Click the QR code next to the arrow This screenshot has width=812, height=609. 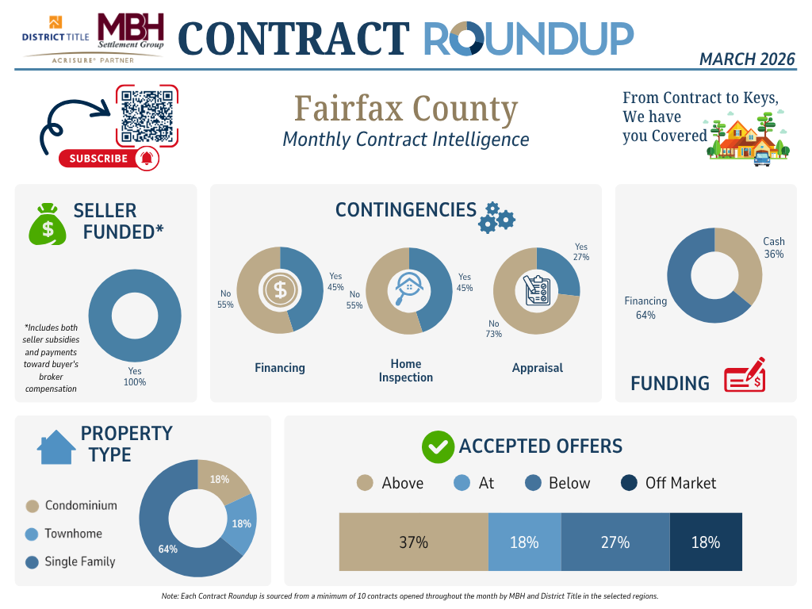point(147,116)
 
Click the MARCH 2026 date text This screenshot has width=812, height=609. point(747,59)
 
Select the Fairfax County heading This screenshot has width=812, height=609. point(406,109)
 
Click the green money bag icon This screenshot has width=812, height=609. point(48,224)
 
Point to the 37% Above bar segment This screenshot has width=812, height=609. point(413,542)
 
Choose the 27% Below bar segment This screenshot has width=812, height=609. point(615,542)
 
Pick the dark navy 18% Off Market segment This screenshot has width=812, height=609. point(706,542)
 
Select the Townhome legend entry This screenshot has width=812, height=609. point(72,534)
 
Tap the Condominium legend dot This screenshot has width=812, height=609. point(33,506)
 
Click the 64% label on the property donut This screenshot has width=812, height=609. point(167,549)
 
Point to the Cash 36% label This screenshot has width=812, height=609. point(774,248)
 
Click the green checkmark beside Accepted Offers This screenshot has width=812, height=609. point(438,447)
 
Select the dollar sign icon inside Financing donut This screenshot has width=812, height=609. point(280,289)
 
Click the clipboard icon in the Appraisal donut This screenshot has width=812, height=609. point(537,290)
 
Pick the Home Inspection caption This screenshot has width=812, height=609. point(406,370)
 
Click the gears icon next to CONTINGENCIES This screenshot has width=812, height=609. point(496,217)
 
